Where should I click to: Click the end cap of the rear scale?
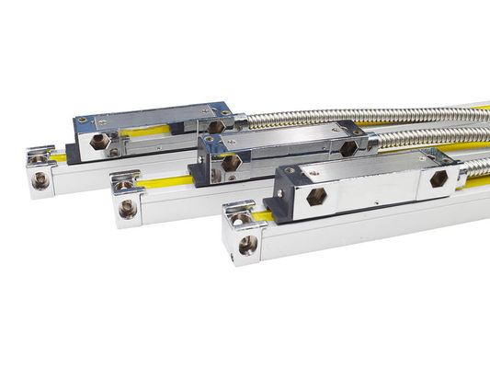point(40,169)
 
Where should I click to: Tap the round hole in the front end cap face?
point(247,245)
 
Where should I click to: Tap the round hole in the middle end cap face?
point(128,209)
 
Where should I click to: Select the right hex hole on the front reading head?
point(438,179)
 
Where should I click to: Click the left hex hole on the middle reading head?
point(231,162)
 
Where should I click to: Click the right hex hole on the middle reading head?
point(348,147)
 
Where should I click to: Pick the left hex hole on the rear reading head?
point(97,141)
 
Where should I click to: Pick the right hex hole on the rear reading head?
point(214,126)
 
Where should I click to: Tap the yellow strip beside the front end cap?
point(263,215)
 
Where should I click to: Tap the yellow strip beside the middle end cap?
point(165,181)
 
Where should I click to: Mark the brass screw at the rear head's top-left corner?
point(83,119)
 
